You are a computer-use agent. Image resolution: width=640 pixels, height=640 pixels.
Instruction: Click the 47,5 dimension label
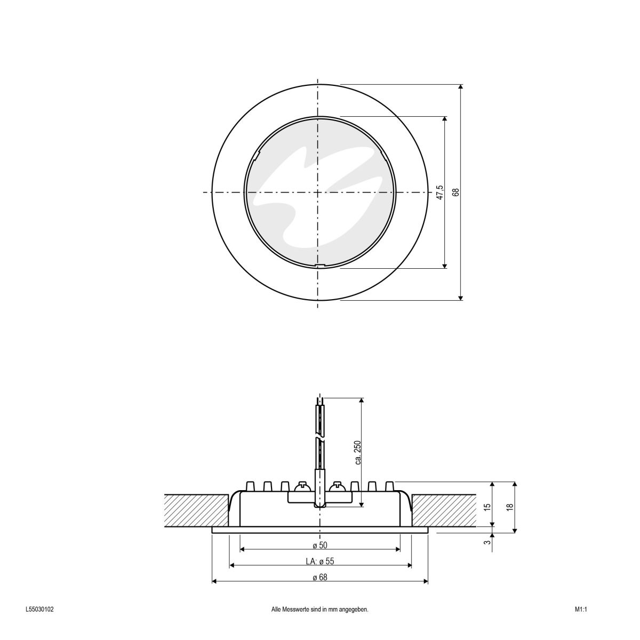coord(439,192)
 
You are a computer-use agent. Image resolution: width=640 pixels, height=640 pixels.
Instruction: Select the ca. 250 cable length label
coord(358,452)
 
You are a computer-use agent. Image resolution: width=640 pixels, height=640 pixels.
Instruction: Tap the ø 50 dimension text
coord(319,545)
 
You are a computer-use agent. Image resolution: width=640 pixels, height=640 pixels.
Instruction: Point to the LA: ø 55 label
coord(319,561)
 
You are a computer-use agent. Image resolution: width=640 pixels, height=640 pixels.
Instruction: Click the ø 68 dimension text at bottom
coord(319,577)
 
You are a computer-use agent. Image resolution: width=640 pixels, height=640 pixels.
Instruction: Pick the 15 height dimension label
coord(486,506)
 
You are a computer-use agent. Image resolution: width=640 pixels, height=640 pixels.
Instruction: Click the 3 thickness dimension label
coord(486,542)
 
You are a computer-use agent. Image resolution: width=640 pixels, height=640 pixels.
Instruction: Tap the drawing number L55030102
coord(39,609)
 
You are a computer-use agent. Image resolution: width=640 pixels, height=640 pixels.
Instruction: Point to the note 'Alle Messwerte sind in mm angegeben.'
coord(319,609)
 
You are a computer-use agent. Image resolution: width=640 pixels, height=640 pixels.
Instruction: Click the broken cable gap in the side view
coord(318,438)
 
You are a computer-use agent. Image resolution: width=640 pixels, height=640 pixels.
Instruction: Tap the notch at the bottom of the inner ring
coord(319,265)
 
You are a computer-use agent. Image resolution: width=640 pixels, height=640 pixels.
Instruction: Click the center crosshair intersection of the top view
coord(318,192)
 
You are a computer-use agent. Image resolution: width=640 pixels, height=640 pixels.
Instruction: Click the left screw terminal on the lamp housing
coord(302,486)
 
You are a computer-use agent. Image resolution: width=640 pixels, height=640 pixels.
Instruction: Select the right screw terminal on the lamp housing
coord(337,486)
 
